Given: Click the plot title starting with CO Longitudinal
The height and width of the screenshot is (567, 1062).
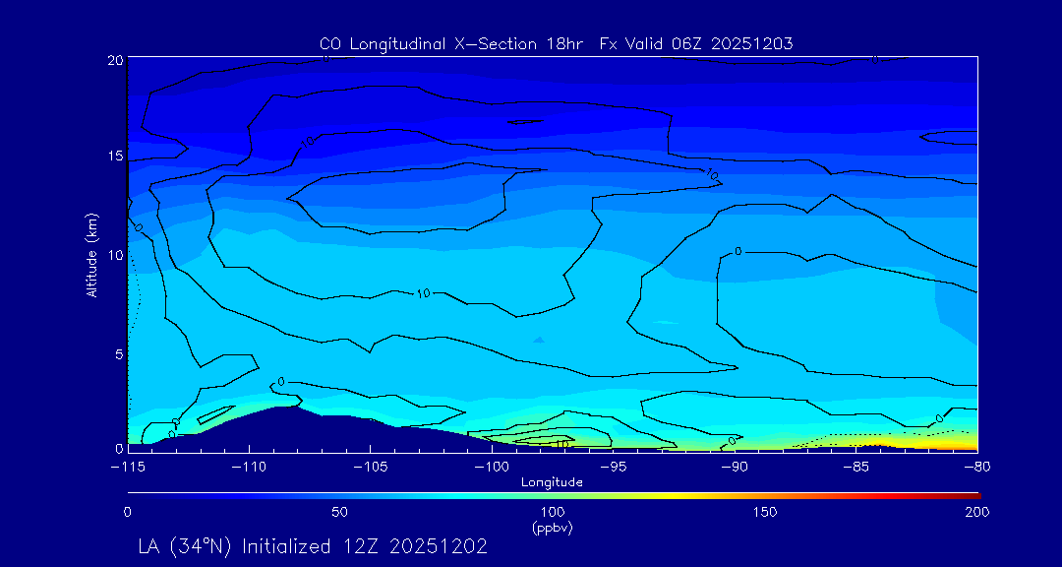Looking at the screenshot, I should coord(556,43).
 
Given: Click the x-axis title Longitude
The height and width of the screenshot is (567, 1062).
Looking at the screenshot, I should coord(552,482).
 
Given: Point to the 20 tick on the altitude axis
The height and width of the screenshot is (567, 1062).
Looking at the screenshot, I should coord(115,60).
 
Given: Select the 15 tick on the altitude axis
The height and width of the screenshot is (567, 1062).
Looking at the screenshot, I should coord(115,157).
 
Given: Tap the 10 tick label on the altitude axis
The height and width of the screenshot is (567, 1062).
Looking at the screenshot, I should coord(115,255).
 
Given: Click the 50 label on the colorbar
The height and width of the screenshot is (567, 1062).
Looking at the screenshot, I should coord(339,512).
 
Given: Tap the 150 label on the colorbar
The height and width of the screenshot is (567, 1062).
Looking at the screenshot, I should coord(764,512).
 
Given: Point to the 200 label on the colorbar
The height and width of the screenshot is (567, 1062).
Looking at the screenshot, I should coord(976,512).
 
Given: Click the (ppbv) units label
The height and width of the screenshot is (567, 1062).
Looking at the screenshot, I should coord(553,528).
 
